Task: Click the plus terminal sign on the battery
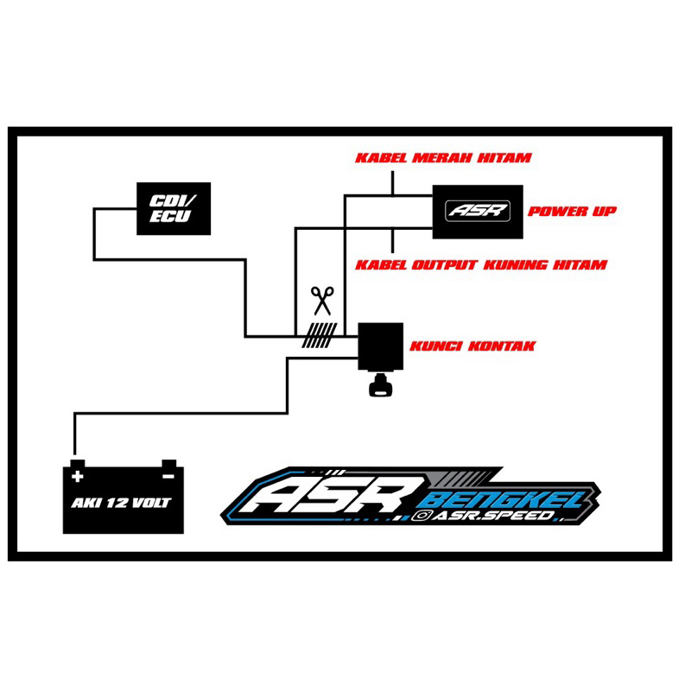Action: [x=79, y=476]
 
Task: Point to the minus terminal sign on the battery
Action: [x=168, y=476]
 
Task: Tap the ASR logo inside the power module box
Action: [x=478, y=210]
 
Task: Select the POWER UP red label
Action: [x=572, y=212]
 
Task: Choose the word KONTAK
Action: [x=505, y=345]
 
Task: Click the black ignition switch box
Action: [x=381, y=345]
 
